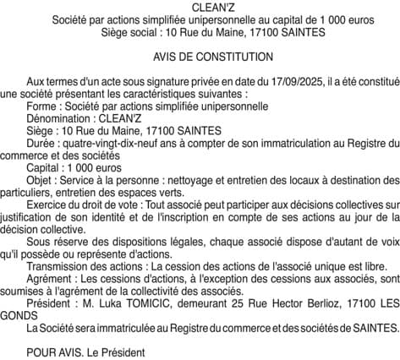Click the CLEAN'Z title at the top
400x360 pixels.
200,7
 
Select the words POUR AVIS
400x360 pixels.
53,352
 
